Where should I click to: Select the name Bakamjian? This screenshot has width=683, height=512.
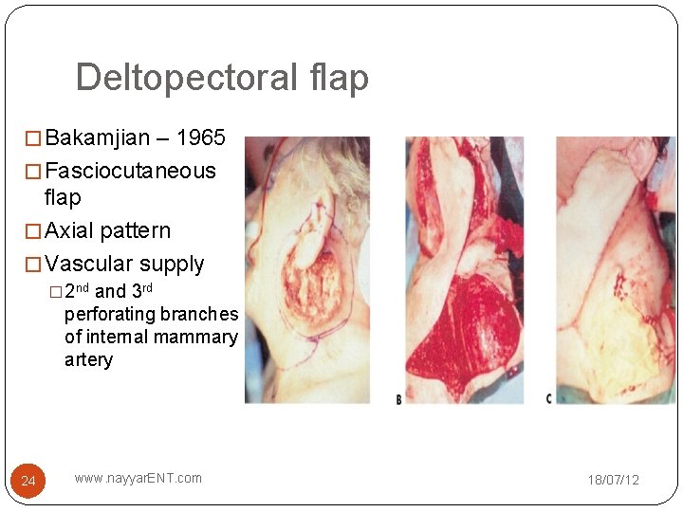coord(98,138)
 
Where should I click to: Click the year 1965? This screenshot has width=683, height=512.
coord(201,138)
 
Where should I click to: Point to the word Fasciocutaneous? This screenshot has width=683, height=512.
coord(130,172)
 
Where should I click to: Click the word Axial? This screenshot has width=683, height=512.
coord(68,231)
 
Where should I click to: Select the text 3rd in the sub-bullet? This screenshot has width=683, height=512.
coord(140,291)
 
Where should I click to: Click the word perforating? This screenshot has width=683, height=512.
coord(110,314)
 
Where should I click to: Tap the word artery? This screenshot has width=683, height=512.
coord(88,359)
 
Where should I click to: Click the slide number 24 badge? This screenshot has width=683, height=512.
coord(28,482)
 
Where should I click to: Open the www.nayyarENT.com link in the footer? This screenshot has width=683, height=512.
coord(138,478)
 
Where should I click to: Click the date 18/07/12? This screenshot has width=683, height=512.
coord(613,480)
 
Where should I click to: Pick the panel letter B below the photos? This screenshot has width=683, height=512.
coord(399,400)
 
